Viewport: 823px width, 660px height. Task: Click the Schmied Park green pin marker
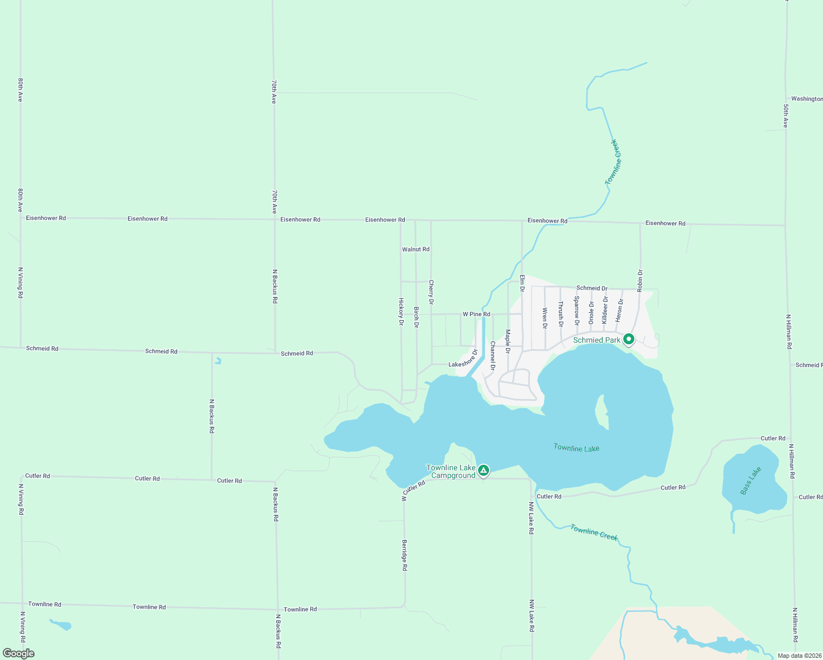pyautogui.click(x=629, y=339)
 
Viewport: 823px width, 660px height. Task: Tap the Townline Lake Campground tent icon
pyautogui.click(x=483, y=470)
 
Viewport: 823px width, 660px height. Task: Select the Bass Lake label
pyautogui.click(x=750, y=480)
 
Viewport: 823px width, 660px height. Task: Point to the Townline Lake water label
pyautogui.click(x=576, y=448)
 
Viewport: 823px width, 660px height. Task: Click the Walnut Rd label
pyautogui.click(x=415, y=249)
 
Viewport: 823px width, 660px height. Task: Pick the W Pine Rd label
pyautogui.click(x=476, y=314)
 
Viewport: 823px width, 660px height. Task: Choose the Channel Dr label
pyautogui.click(x=492, y=355)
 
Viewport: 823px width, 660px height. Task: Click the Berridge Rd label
pyautogui.click(x=404, y=555)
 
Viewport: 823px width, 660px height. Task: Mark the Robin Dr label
pyautogui.click(x=640, y=280)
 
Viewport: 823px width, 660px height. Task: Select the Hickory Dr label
pyautogui.click(x=401, y=312)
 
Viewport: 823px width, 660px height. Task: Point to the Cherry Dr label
pyautogui.click(x=431, y=292)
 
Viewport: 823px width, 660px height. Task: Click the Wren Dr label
pyautogui.click(x=545, y=318)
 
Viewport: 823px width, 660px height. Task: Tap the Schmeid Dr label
pyautogui.click(x=591, y=288)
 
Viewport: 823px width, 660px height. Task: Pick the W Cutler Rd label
pyautogui.click(x=413, y=490)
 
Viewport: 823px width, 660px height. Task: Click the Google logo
pyautogui.click(x=19, y=653)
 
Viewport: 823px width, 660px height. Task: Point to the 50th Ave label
pyautogui.click(x=786, y=116)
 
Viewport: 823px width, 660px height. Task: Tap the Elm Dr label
pyautogui.click(x=522, y=283)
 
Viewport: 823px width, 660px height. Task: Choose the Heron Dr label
pyautogui.click(x=620, y=310)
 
